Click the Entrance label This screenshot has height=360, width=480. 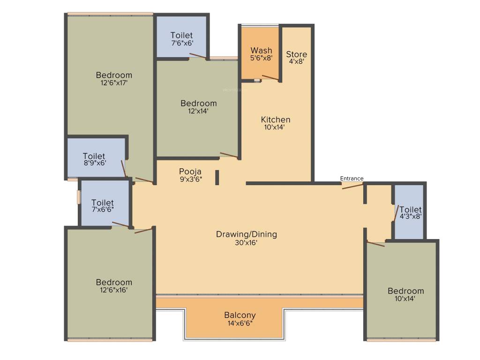click(x=352, y=178)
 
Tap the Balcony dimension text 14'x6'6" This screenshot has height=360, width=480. click(x=240, y=323)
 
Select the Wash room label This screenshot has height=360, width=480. click(x=261, y=50)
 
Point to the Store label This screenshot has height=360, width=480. click(x=297, y=54)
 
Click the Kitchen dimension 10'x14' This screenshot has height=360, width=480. click(x=276, y=127)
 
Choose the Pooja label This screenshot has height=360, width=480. click(x=190, y=171)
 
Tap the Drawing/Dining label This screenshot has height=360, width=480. click(x=246, y=234)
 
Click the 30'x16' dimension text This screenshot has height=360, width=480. click(x=246, y=242)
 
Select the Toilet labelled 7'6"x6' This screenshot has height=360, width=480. click(x=181, y=35)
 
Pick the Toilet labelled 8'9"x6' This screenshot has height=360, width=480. click(x=94, y=156)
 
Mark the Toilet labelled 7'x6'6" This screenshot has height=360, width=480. click(x=103, y=202)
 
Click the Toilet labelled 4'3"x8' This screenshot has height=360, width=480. click(x=411, y=210)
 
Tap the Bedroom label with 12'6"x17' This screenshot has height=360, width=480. click(x=114, y=75)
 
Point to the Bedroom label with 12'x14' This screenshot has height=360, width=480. click(x=199, y=103)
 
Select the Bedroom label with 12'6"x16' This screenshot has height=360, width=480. click(x=114, y=282)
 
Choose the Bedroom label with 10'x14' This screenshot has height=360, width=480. click(x=405, y=291)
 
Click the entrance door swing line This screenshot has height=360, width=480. click(x=352, y=186)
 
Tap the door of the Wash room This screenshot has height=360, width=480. click(x=270, y=78)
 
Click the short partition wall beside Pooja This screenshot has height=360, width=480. click(x=217, y=177)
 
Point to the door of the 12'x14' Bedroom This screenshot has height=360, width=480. click(x=229, y=155)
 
